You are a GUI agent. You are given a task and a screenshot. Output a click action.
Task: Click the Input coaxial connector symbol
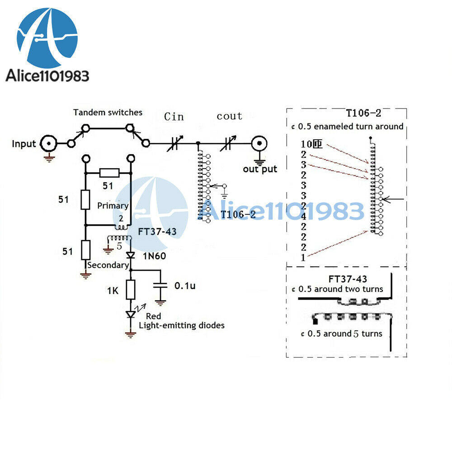(x=49, y=143)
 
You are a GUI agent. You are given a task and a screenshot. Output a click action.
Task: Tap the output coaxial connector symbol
(x=259, y=143)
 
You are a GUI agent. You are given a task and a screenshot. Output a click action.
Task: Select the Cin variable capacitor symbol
(x=174, y=143)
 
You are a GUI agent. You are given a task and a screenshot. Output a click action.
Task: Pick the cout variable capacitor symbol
(x=228, y=143)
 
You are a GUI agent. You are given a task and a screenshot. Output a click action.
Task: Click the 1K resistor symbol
(x=131, y=290)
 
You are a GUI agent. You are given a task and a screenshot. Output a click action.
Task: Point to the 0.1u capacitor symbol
(x=160, y=285)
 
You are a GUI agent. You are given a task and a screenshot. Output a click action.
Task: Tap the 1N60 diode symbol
(x=131, y=255)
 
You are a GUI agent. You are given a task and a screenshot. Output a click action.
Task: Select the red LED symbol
(x=131, y=314)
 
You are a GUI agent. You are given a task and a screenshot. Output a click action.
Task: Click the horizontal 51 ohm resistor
(x=109, y=173)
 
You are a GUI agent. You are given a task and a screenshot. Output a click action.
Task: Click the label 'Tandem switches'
(x=108, y=113)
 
